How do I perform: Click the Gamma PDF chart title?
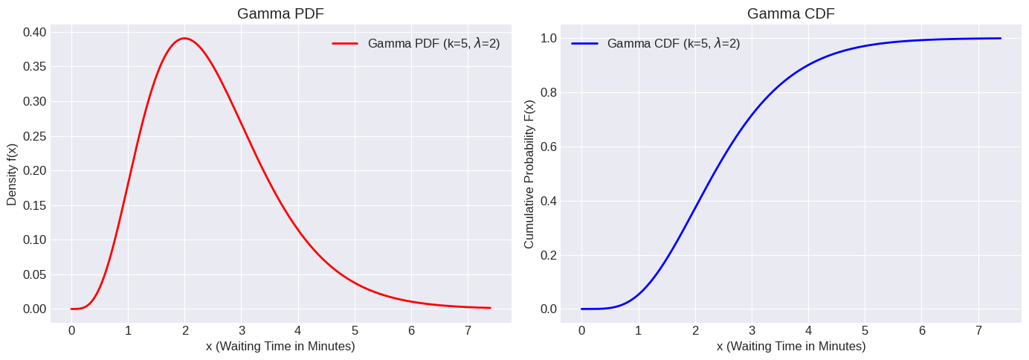(280, 13)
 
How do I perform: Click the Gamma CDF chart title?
(790, 13)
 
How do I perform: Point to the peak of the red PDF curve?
(184, 38)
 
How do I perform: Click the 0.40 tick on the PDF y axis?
(33, 32)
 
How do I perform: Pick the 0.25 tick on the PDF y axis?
(33, 136)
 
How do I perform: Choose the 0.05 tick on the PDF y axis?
(33, 274)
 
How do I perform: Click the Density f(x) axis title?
(12, 170)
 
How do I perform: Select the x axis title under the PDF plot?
(280, 347)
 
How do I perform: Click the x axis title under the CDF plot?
(790, 347)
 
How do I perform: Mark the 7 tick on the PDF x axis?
(468, 330)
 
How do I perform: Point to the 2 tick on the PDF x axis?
(184, 330)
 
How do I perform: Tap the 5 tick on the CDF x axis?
(865, 330)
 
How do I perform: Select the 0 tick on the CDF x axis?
(581, 330)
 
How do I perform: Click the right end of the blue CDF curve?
(1000, 39)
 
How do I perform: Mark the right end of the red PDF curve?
(490, 307)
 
